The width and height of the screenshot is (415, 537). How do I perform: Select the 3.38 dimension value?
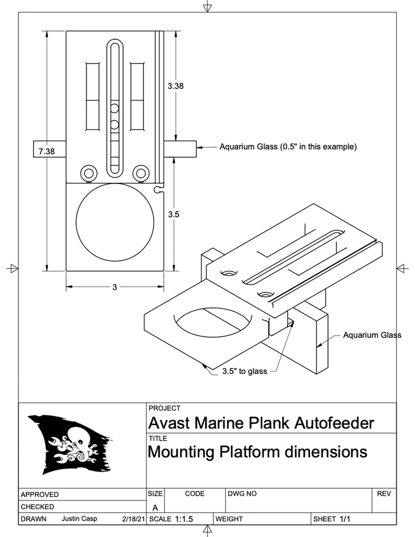coord(175,87)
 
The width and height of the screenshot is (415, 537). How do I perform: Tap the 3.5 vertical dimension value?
coord(174,214)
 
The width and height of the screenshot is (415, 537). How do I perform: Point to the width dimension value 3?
coord(114,287)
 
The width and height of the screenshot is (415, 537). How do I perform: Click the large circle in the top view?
coord(115,222)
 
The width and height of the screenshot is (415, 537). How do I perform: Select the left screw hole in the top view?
coord(88,173)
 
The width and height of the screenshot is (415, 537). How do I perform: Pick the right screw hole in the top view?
coord(141,173)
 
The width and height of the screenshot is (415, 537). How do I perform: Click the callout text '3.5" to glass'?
coord(244,371)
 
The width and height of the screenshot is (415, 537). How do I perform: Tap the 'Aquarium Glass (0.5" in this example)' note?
coord(288,147)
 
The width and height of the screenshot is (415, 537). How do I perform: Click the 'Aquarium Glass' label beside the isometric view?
coord(372,335)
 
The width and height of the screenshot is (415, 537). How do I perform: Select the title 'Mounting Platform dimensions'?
coord(258,452)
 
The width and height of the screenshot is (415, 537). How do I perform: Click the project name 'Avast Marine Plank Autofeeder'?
coord(261,423)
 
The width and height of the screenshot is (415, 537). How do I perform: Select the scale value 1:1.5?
coord(184,519)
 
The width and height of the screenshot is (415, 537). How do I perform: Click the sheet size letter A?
coord(155,508)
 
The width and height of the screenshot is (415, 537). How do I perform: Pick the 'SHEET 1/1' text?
coord(332,519)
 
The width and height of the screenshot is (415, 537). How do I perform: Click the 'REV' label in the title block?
coord(384,494)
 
